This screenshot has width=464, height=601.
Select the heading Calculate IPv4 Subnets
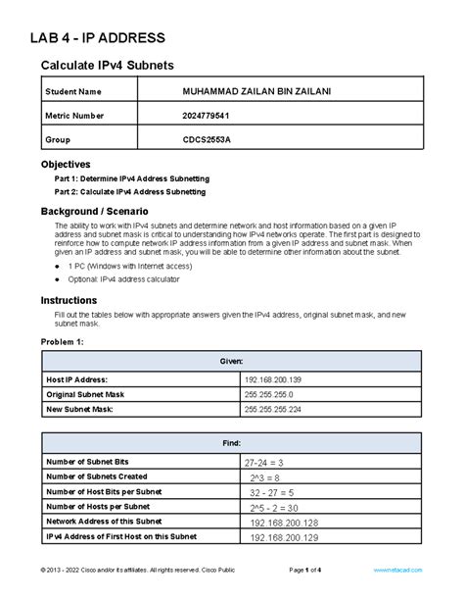pos(109,66)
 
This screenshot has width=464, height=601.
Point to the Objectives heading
pos(65,164)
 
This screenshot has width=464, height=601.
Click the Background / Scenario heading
pos(94,211)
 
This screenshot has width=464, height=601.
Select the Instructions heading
pos(68,299)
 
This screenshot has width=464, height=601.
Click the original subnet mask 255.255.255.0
pos(280,394)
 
